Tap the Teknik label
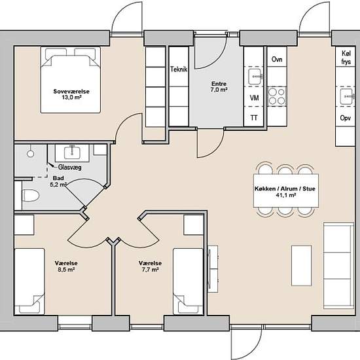179,69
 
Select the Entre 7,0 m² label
219,86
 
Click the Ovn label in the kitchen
277,59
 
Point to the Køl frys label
346,58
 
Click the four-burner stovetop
277,96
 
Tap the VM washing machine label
254,98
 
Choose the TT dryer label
254,118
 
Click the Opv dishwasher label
346,118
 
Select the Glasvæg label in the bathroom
70,168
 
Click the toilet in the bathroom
31,196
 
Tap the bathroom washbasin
72,153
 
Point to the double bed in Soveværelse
71,80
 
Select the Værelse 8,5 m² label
66,266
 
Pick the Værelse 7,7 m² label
150,266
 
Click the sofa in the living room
338,265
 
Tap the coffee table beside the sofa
302,266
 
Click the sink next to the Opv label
347,97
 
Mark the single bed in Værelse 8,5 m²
29,281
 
